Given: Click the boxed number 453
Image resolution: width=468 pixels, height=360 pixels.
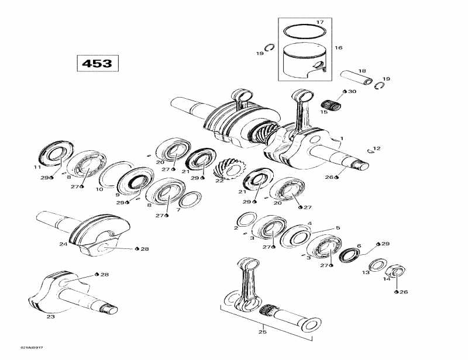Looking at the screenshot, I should tap(97, 63).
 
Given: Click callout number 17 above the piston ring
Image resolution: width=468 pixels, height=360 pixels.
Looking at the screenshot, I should tap(319, 22).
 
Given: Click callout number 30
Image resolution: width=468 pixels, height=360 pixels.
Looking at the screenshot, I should tap(352, 92).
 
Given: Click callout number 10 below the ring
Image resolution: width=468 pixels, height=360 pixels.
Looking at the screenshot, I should tap(99, 189).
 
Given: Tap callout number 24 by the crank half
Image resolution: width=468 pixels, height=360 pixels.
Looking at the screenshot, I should tap(63, 244).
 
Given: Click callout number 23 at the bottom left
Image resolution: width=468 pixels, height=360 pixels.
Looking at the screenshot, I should tap(50, 317).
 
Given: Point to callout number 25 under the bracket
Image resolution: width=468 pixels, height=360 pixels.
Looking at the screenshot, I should tap(262, 332).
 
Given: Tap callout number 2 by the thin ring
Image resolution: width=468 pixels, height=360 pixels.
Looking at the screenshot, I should tap(236, 228).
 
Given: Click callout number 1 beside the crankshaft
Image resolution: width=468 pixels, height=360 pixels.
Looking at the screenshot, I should tap(342, 139).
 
